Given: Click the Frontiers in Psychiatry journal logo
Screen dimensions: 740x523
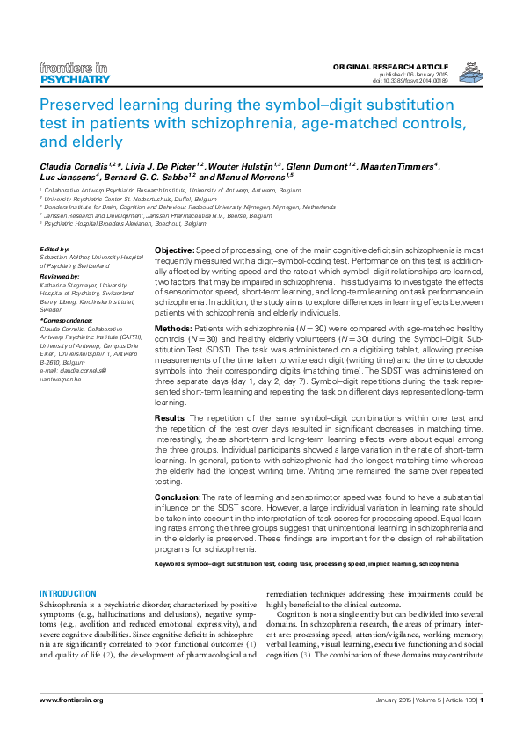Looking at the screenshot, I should point(75,74).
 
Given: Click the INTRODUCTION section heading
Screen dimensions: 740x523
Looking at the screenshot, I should point(69,594).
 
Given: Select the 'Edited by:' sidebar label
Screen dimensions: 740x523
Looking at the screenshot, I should point(56,250).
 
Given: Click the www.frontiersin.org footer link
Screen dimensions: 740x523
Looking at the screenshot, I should point(72,700).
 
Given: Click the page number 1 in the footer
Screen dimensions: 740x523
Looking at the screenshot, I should point(481,700).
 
